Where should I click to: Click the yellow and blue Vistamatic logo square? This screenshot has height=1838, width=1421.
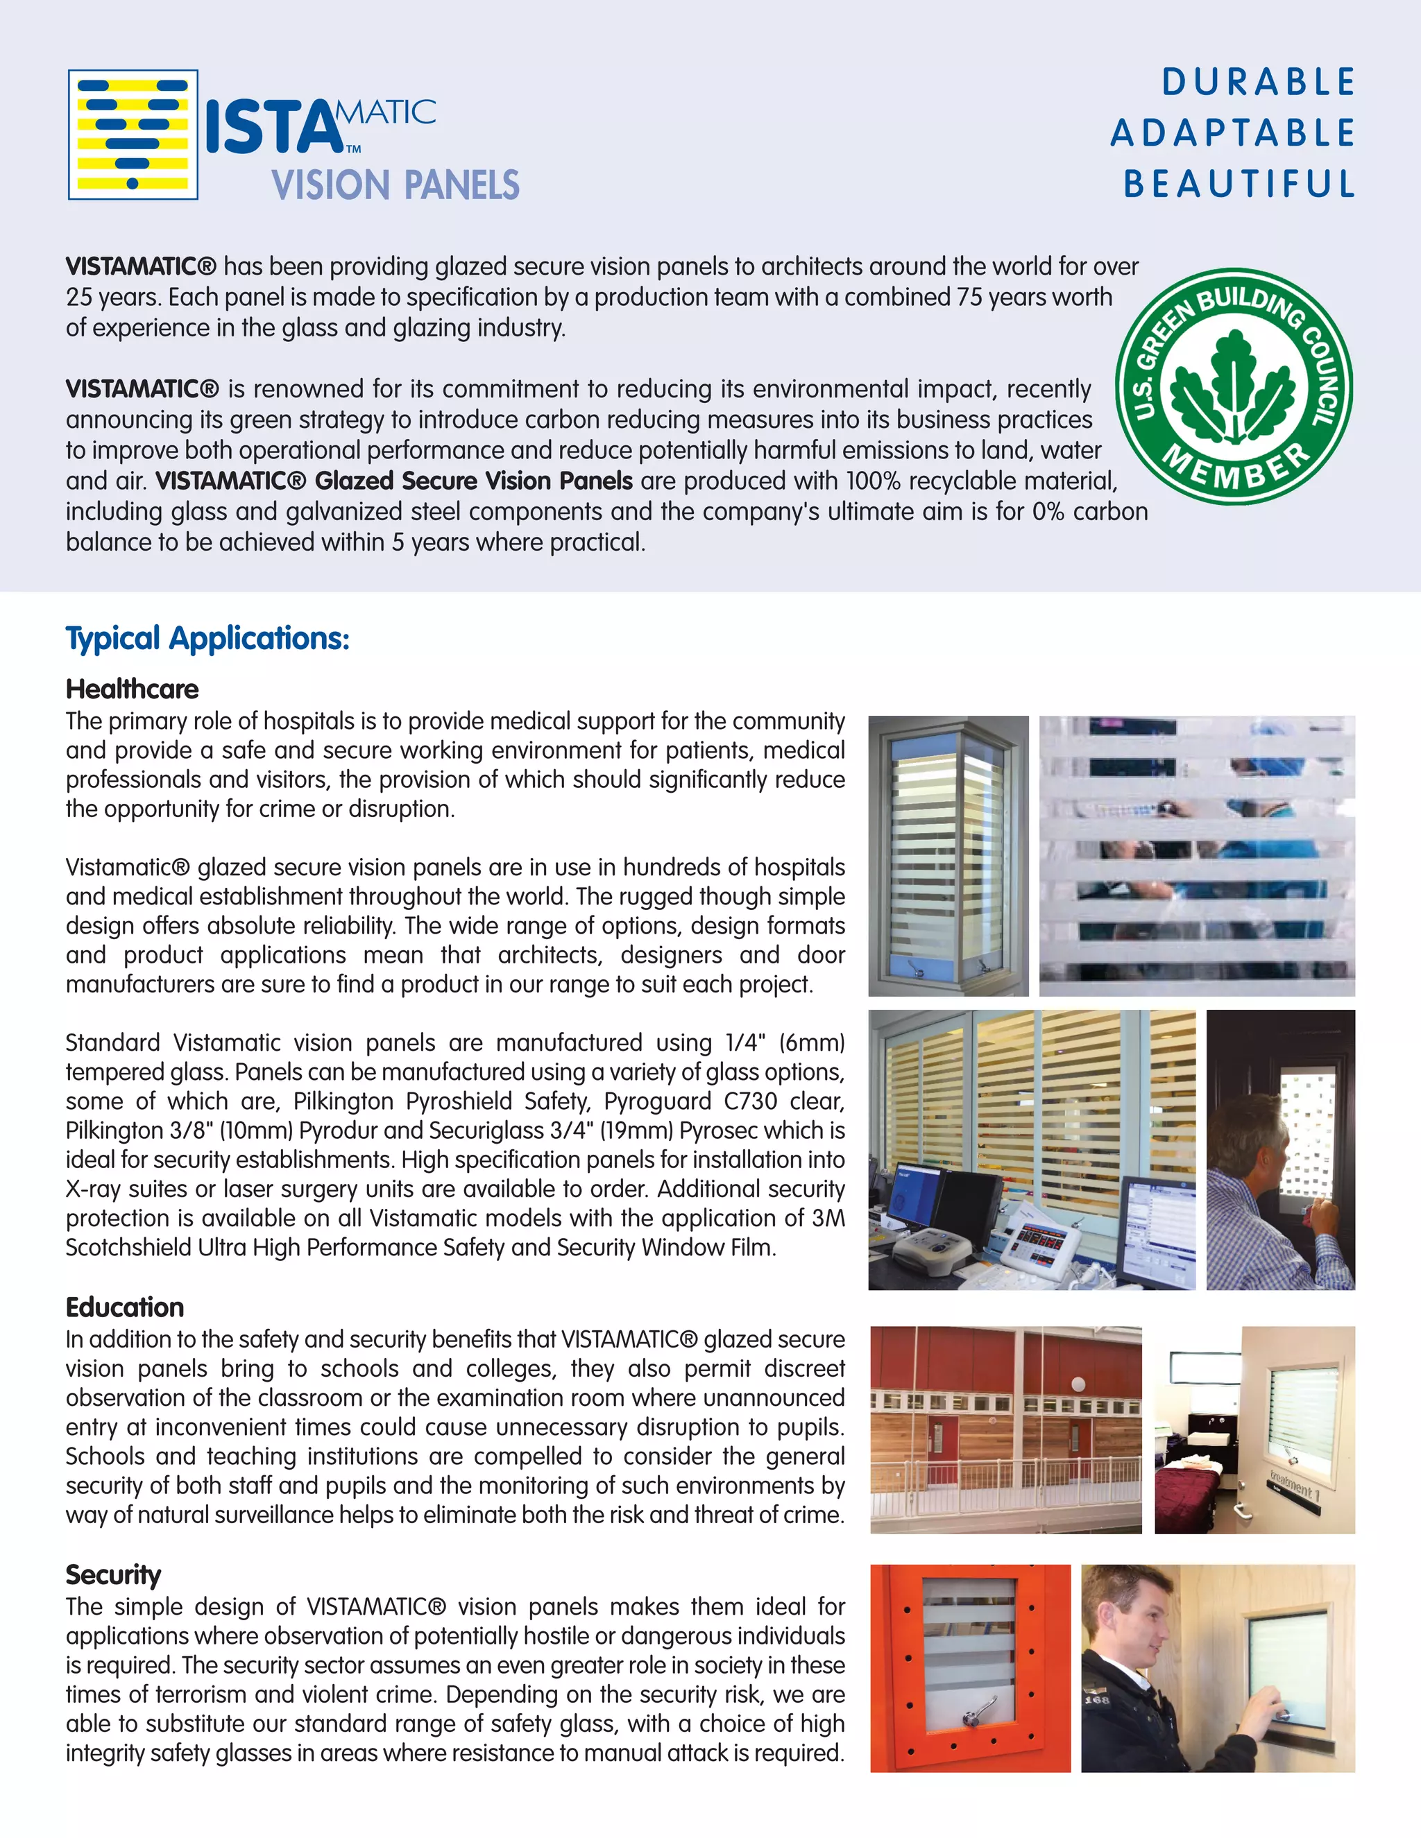[x=133, y=135]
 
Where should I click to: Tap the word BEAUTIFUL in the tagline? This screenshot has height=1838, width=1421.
[x=1239, y=184]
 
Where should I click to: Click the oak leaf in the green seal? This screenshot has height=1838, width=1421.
[x=1233, y=386]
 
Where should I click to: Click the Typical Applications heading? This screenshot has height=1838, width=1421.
[x=207, y=639]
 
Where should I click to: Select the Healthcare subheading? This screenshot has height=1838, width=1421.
[x=132, y=689]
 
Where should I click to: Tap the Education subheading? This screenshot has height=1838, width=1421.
[x=125, y=1307]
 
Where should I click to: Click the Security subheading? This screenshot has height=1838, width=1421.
[x=113, y=1574]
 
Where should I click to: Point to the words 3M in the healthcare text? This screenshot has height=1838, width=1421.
[x=828, y=1219]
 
